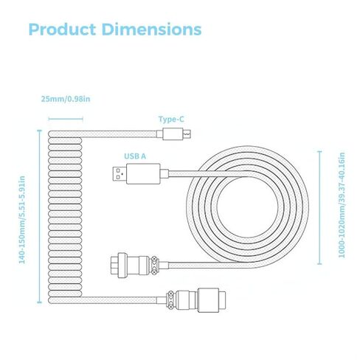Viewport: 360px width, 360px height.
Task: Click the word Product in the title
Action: pyautogui.click(x=62, y=30)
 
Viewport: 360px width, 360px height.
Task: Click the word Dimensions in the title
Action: pyautogui.click(x=151, y=30)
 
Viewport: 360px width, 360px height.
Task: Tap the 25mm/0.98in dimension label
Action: pyautogui.click(x=66, y=99)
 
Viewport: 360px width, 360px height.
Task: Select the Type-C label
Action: pyautogui.click(x=171, y=120)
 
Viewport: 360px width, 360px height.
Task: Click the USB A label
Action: pyautogui.click(x=135, y=156)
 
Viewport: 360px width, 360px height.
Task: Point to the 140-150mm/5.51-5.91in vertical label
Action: pyautogui.click(x=22, y=220)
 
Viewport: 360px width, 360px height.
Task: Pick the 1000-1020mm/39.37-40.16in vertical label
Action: pyautogui.click(x=342, y=205)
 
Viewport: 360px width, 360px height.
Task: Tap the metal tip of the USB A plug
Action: pyautogui.click(x=120, y=173)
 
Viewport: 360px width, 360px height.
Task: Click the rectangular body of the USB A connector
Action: pyautogui.click(x=143, y=173)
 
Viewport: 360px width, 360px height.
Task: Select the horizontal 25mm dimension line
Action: pyautogui.click(x=66, y=120)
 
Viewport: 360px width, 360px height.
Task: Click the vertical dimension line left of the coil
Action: pyautogui.click(x=39, y=216)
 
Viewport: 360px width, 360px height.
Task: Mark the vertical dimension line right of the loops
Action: pyautogui.click(x=319, y=207)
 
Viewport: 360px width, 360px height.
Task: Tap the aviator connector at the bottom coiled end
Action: pyautogui.click(x=196, y=300)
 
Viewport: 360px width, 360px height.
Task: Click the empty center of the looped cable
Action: pyautogui.click(x=247, y=207)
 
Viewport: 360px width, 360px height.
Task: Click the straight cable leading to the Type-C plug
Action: pyautogui.click(x=120, y=134)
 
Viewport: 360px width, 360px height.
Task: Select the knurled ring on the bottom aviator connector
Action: pyautogui.click(x=170, y=300)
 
